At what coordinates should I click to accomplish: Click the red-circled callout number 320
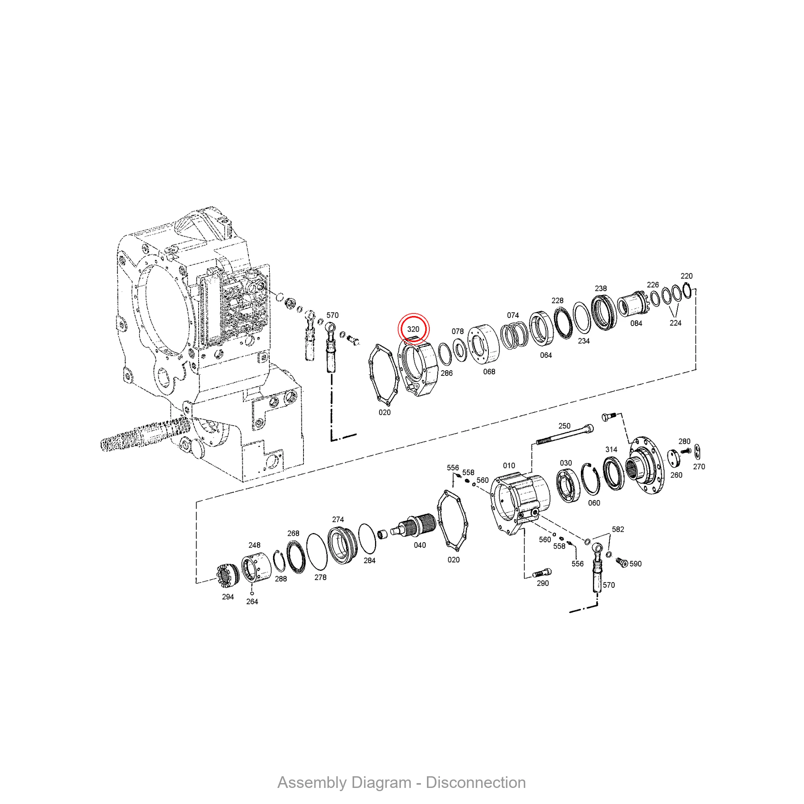[413, 329]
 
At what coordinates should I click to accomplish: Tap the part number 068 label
[489, 371]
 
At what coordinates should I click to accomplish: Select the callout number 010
[509, 466]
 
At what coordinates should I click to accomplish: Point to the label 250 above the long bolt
[564, 426]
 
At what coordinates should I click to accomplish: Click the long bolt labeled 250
[565, 435]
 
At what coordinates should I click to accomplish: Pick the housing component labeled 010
[520, 504]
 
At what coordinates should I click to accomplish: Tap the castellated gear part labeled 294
[228, 576]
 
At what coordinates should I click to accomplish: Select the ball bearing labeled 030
[567, 485]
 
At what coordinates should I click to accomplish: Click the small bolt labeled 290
[542, 572]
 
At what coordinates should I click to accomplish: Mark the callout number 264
[252, 601]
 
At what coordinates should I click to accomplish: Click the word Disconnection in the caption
[476, 782]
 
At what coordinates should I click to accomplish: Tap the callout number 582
[617, 529]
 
